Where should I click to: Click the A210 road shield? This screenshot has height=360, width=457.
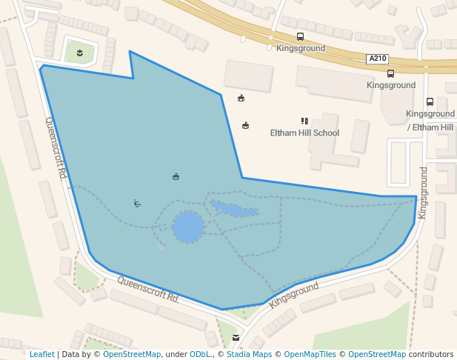click(376, 59)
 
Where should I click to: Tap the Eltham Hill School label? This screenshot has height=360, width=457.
click(304, 133)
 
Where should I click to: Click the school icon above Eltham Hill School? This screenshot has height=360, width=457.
click(304, 121)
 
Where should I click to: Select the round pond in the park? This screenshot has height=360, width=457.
click(187, 227)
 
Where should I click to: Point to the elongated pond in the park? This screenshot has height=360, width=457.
click(234, 210)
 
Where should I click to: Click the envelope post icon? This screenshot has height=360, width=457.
click(236, 338)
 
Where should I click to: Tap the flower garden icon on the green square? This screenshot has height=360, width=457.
click(79, 52)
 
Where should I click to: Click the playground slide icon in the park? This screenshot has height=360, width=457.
click(137, 204)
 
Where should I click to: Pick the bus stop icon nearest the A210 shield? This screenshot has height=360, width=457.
click(390, 73)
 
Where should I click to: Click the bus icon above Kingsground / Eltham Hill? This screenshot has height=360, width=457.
click(430, 102)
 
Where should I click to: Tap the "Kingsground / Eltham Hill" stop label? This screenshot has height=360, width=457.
click(430, 121)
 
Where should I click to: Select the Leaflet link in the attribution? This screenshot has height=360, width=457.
click(42, 354)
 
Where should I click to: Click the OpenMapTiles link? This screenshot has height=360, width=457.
click(310, 354)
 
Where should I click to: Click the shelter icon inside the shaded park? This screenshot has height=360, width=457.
click(176, 176)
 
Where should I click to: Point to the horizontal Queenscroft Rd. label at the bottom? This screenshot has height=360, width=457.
click(148, 290)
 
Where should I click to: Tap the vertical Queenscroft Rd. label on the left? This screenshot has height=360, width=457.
click(56, 148)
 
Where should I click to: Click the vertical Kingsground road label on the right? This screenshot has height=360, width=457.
click(423, 193)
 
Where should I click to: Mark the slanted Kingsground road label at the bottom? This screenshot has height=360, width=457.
click(293, 295)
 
